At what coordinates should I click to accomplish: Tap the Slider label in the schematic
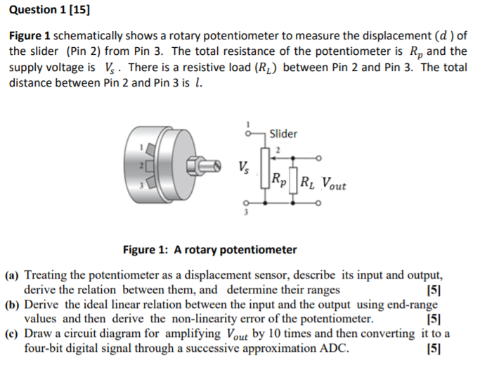[283, 134]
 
